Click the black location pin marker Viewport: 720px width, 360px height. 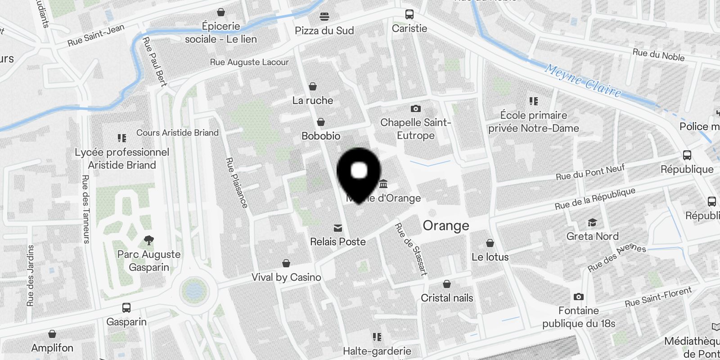tap(359, 173)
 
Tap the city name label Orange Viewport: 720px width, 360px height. tap(445, 225)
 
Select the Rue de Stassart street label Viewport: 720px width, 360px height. tap(411, 249)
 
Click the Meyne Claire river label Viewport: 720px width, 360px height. tap(583, 81)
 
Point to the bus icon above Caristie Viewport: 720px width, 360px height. tap(409, 14)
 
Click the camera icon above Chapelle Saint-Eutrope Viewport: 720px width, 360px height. tap(415, 108)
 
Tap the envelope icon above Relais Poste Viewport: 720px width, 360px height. tap(337, 228)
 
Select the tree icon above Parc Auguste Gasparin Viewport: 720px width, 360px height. tap(148, 240)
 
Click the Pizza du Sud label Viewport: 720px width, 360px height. tap(324, 31)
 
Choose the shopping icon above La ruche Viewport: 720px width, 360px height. tap(313, 86)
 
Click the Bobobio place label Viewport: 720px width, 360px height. tap(321, 136)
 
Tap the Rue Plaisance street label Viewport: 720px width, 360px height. tap(237, 183)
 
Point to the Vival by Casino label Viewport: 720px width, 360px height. tap(286, 277)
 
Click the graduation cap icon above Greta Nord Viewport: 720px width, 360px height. tap(592, 223)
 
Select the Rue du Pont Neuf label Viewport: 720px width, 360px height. tap(590, 172)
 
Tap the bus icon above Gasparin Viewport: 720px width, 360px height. tap(126, 308)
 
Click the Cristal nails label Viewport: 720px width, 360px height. tap(447, 298)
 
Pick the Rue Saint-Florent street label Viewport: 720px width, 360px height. tap(658, 297)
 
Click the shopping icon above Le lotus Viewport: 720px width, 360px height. tap(490, 243)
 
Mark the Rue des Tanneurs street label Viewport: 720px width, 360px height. tap(85, 209)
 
